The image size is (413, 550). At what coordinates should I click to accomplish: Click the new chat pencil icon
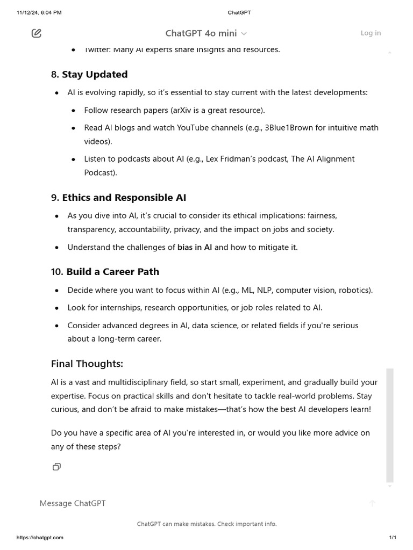click(x=37, y=33)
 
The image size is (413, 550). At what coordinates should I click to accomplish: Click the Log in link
click(x=371, y=33)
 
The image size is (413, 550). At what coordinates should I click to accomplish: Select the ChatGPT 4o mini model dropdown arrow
click(x=244, y=34)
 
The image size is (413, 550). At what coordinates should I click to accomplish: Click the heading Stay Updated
click(x=95, y=75)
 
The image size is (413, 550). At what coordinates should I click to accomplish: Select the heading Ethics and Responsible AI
click(x=124, y=198)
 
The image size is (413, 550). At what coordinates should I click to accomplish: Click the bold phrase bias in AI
click(x=195, y=248)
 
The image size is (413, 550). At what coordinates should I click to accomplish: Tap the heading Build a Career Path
click(x=112, y=272)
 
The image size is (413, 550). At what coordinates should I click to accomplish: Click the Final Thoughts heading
click(x=87, y=364)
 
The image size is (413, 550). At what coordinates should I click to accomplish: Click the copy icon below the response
click(x=56, y=467)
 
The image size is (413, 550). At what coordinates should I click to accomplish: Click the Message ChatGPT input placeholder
click(x=73, y=503)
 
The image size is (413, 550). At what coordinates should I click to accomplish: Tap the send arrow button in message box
click(x=372, y=503)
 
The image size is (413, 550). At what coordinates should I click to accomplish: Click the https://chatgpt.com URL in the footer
click(x=40, y=538)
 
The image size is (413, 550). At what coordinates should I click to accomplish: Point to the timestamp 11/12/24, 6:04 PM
click(x=39, y=12)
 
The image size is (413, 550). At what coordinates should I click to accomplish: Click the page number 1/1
click(x=393, y=538)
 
